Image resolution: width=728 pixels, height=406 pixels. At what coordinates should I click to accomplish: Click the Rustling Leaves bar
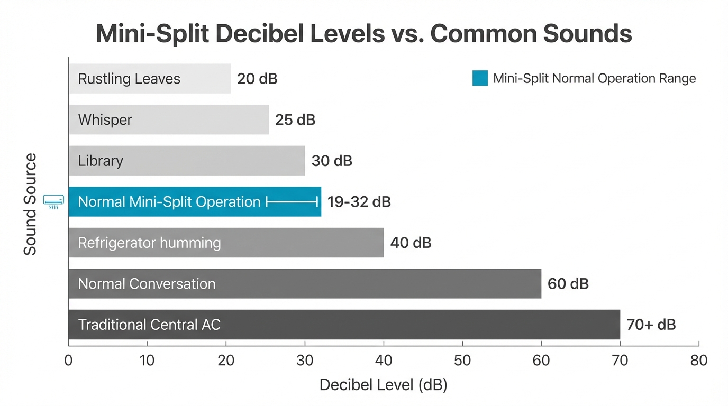tap(149, 79)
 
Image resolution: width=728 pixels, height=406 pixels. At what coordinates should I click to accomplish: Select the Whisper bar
tap(168, 119)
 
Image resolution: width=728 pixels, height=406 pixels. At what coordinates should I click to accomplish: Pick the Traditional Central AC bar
tap(344, 325)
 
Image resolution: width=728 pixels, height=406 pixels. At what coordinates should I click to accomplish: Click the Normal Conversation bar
tap(304, 283)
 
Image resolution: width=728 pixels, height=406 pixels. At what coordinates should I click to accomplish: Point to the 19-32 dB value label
tap(359, 202)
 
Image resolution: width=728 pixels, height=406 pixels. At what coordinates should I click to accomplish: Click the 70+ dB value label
tap(651, 325)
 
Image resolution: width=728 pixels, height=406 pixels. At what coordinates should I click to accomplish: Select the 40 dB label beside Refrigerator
tap(411, 243)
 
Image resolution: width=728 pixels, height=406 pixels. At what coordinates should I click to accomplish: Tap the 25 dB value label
tap(295, 120)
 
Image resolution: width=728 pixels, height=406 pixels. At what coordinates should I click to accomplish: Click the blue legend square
tap(480, 78)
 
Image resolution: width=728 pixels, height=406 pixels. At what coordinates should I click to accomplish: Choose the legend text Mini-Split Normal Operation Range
tap(594, 79)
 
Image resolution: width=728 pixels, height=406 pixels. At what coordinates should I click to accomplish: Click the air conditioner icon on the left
tap(53, 201)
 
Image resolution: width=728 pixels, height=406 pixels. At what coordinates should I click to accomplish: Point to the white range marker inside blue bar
tap(292, 201)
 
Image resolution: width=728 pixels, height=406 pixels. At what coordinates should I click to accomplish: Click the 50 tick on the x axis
tap(462, 361)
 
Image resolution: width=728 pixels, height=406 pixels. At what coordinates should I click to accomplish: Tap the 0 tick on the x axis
tap(68, 361)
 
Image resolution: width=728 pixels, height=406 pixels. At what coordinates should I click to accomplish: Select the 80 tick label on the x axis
tap(698, 361)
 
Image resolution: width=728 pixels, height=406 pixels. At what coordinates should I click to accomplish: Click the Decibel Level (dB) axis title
tap(383, 385)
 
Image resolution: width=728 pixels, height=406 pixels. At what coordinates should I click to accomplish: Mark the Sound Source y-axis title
tap(30, 204)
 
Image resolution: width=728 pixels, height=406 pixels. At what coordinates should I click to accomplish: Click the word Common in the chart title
tap(483, 34)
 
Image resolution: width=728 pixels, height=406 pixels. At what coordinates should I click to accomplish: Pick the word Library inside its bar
tap(101, 161)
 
